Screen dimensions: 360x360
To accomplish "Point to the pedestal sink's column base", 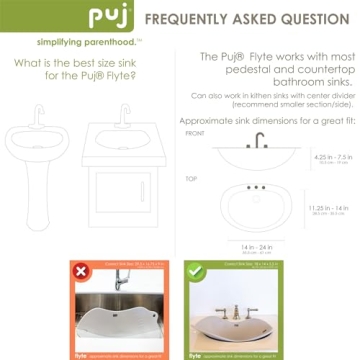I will (x=39, y=210).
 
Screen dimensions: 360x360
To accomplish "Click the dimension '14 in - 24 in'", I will (x=259, y=245).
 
